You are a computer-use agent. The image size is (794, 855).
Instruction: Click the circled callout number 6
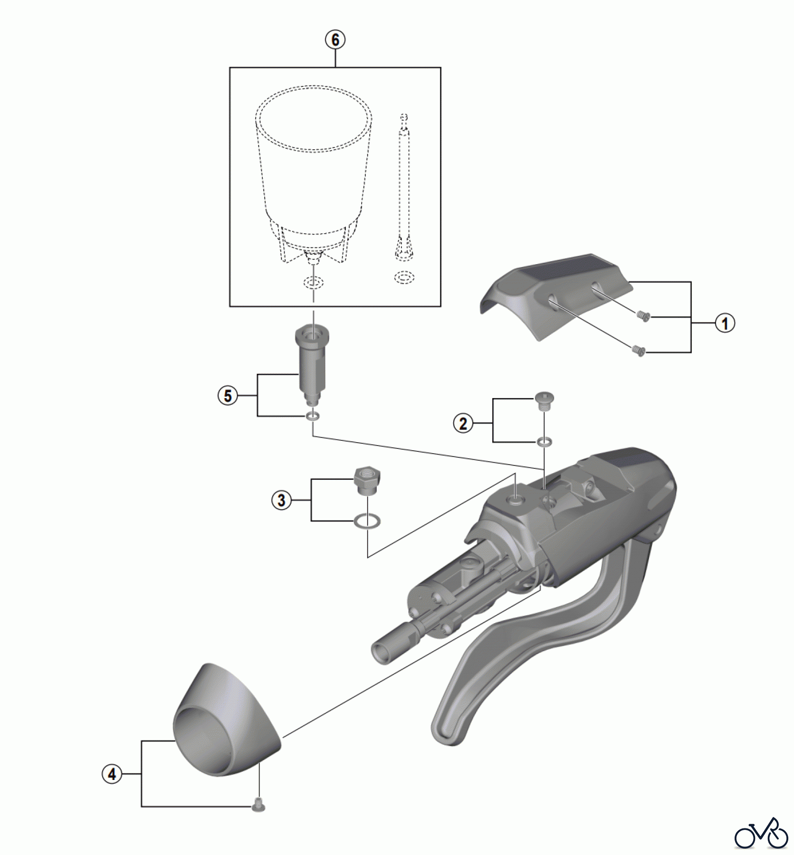(335, 40)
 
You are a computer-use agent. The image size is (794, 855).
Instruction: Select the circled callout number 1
(725, 323)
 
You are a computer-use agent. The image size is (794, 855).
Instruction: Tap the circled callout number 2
(463, 423)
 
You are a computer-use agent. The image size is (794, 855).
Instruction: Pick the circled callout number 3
(282, 500)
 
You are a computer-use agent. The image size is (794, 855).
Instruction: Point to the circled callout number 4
(112, 774)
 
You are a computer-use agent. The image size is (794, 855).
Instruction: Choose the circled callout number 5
(228, 396)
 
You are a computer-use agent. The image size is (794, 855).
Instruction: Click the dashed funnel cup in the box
(313, 176)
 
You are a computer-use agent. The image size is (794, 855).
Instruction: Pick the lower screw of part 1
(640, 351)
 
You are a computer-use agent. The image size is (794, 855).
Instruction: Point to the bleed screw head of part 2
(545, 400)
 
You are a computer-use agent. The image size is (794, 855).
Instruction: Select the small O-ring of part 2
(545, 442)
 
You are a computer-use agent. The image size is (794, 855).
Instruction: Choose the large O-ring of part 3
(367, 522)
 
